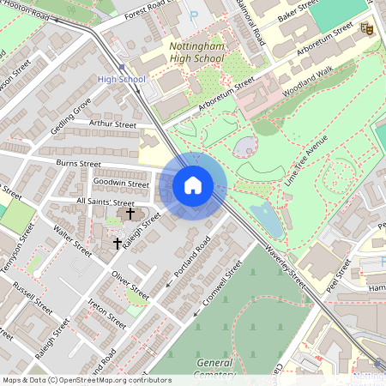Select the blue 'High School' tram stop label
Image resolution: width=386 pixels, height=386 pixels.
coord(122,79)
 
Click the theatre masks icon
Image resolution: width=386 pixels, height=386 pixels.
coord(367,28)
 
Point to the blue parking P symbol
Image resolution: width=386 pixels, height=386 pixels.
coord(193,15)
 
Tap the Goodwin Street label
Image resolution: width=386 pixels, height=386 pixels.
coord(121,183)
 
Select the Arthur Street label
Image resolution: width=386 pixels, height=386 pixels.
coord(112,124)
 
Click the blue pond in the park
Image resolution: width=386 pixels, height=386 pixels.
coord(268,220)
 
